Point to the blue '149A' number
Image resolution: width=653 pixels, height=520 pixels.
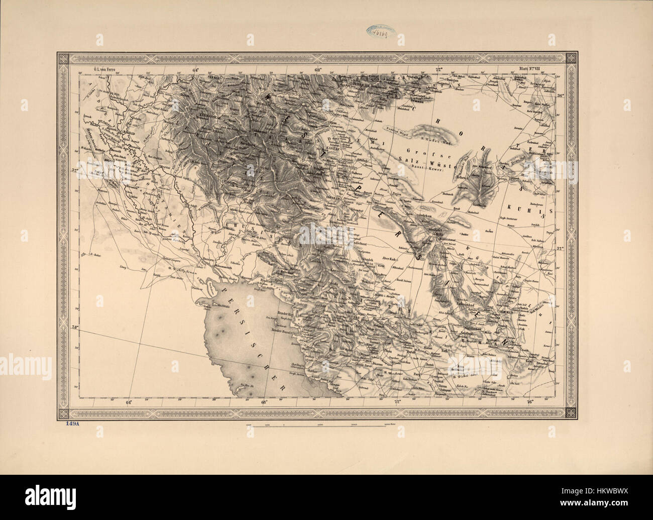(73, 424)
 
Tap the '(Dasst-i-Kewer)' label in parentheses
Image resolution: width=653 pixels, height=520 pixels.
(425, 166)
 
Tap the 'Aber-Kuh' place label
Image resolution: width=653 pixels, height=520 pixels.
(390, 258)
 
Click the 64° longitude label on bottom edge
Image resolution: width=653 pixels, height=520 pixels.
(129, 402)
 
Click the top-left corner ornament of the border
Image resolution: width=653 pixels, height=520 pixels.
(63, 58)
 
